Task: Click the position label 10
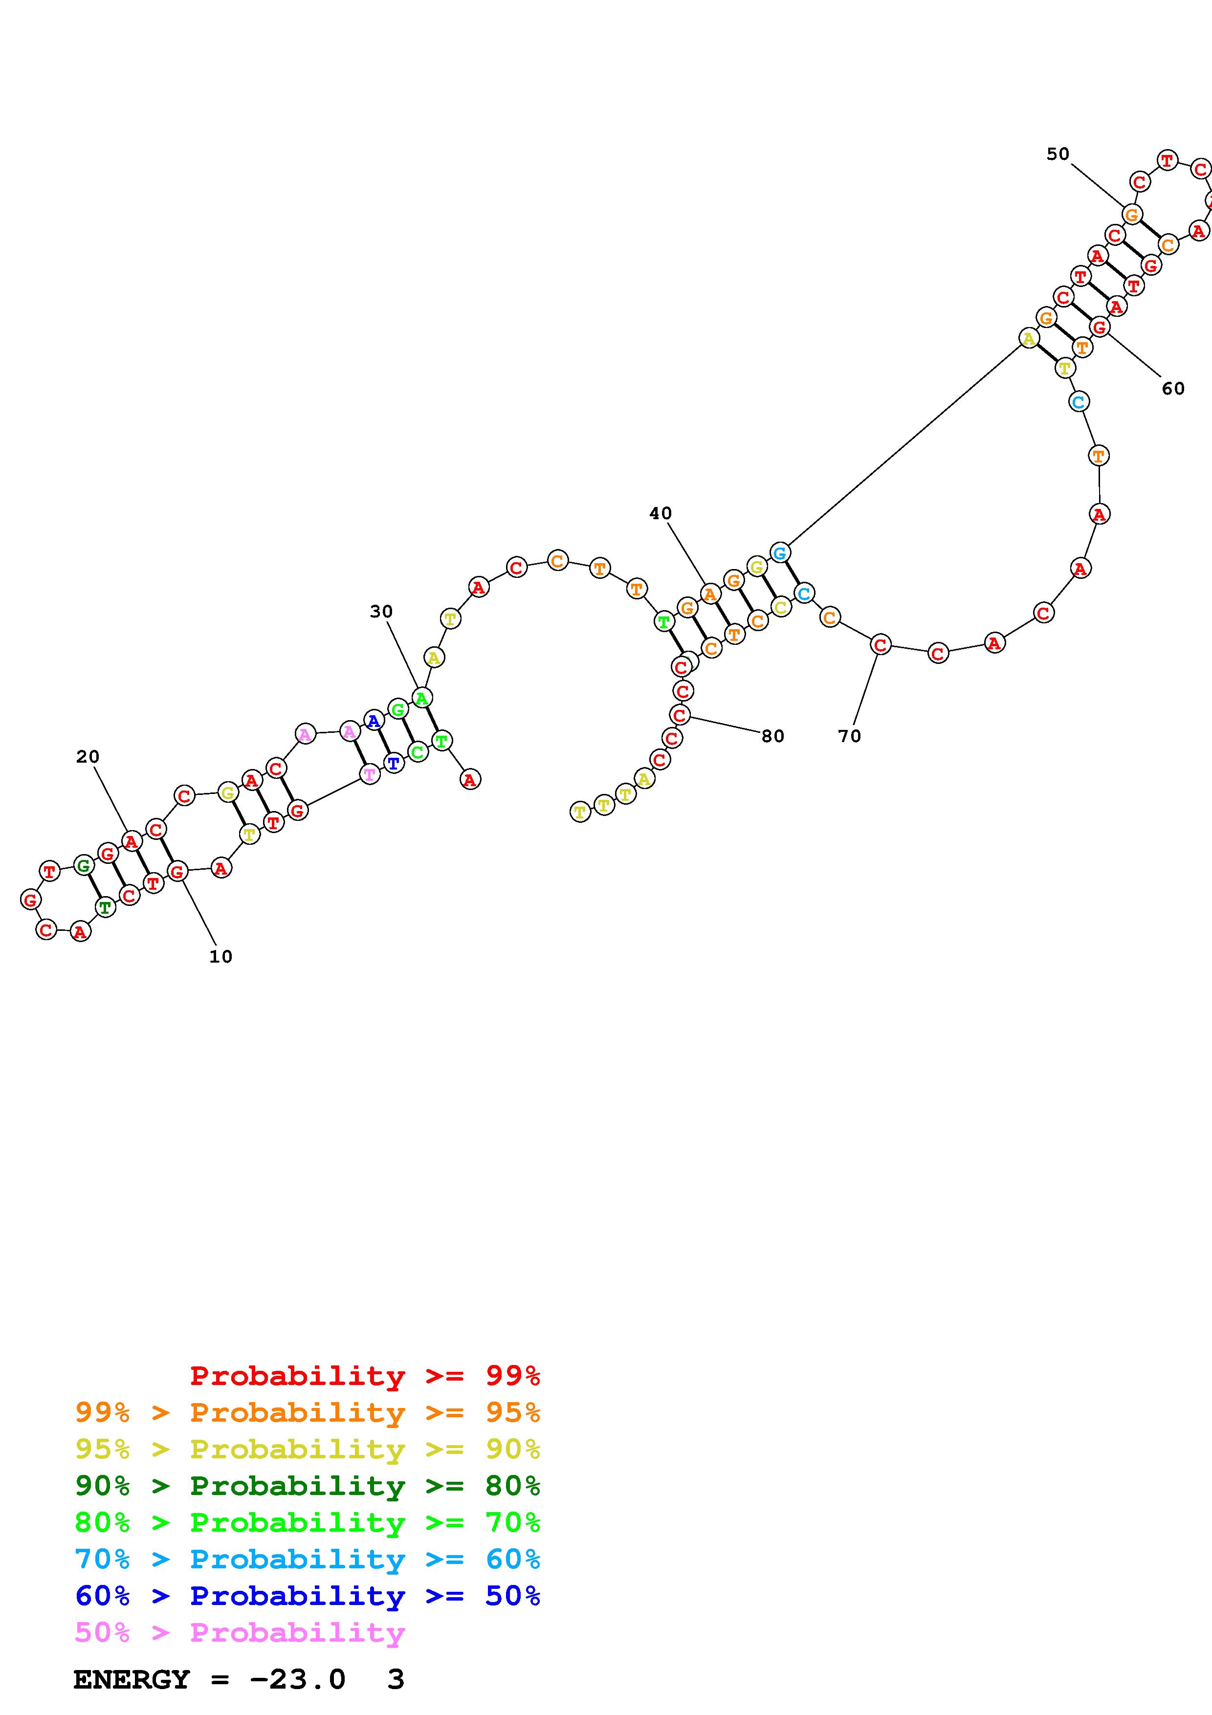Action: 220,957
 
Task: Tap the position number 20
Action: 88,757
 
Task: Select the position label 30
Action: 381,612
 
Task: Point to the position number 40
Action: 660,513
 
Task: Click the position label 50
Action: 1058,154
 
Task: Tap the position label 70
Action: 849,736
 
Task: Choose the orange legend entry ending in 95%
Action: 308,1412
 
